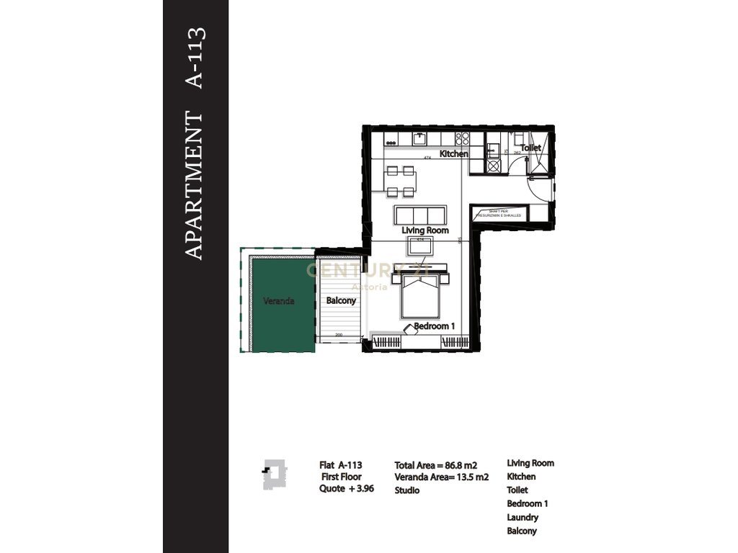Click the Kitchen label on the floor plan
click(x=454, y=154)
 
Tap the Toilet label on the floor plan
click(x=530, y=148)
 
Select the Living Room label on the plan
click(x=425, y=230)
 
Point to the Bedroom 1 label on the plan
click(x=435, y=326)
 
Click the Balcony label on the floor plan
click(x=341, y=301)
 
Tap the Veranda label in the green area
click(x=278, y=301)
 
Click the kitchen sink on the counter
click(x=420, y=138)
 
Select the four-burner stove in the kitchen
click(x=463, y=138)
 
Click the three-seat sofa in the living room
click(x=420, y=215)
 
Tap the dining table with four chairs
click(x=400, y=181)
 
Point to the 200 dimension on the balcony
click(x=338, y=335)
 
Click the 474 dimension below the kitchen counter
click(x=427, y=157)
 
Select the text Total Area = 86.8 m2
click(x=436, y=464)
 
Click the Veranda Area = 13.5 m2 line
click(x=442, y=477)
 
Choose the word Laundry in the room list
click(x=523, y=518)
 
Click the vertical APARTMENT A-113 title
click(x=195, y=144)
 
